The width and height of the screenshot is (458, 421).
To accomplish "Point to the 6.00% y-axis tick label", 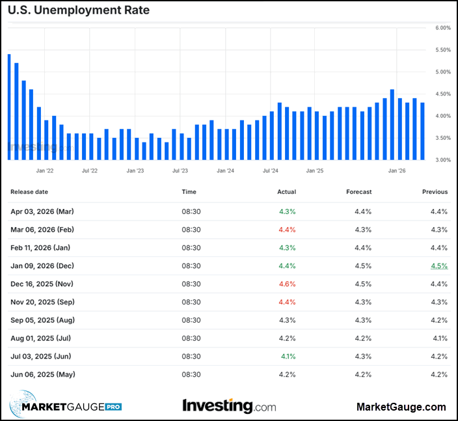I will coord(442,28).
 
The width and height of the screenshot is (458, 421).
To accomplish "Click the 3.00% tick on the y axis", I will coord(442,159).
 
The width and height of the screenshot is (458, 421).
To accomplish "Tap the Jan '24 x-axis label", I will coord(225,170).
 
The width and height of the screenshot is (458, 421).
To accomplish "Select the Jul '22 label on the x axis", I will coord(90,170).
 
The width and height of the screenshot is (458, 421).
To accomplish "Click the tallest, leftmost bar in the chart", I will coord(9,107).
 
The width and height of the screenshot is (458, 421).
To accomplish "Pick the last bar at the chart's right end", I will coord(422,131).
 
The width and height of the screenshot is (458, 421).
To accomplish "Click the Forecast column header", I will coord(359,192).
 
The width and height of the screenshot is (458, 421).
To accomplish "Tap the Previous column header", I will coord(435,192).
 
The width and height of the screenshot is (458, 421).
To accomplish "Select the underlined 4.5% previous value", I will coord(438,265).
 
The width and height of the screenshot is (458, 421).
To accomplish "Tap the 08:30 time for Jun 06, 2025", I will coord(191,374).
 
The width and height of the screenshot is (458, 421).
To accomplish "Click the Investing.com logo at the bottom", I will coord(229,406).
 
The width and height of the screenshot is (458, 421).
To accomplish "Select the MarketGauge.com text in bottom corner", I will coord(401,407).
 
